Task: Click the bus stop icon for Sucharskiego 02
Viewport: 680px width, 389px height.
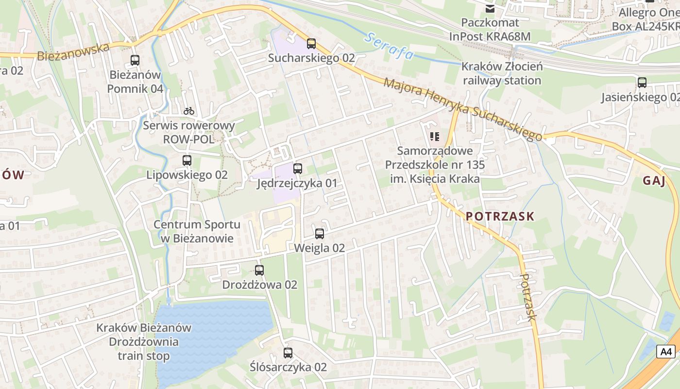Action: click(x=311, y=44)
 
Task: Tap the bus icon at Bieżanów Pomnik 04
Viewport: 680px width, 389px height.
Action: click(x=135, y=60)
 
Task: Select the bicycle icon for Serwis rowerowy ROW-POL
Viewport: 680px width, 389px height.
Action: click(x=189, y=111)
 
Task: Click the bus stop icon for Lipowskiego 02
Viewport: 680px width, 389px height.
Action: click(x=187, y=160)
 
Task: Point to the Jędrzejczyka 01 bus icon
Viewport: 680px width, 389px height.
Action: click(x=298, y=169)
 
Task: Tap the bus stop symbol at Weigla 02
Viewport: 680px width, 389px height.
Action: click(x=320, y=233)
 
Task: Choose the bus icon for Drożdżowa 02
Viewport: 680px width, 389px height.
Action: click(x=259, y=270)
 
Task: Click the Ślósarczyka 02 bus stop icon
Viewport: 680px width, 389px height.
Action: click(x=288, y=353)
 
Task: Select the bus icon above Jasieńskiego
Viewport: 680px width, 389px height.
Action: click(x=642, y=83)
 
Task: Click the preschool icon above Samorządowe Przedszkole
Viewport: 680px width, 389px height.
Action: click(x=435, y=137)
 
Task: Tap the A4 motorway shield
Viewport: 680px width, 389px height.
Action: click(x=665, y=351)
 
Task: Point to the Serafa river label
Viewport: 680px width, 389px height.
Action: click(x=390, y=46)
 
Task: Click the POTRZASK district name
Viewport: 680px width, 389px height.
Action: click(x=500, y=216)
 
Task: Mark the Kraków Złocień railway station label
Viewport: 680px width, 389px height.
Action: click(x=502, y=73)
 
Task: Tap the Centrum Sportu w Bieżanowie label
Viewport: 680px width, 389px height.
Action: click(x=197, y=231)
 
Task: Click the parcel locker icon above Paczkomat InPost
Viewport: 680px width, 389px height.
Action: click(x=490, y=8)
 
